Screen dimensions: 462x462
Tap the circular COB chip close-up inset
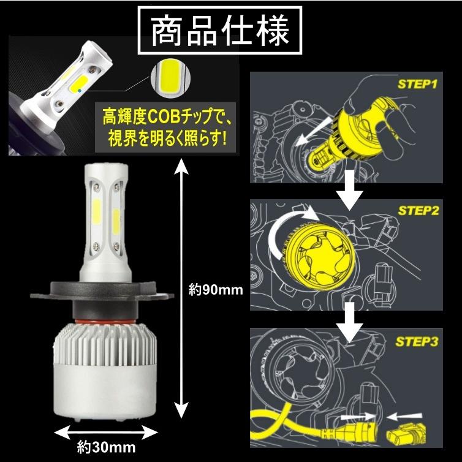coord(168,78)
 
